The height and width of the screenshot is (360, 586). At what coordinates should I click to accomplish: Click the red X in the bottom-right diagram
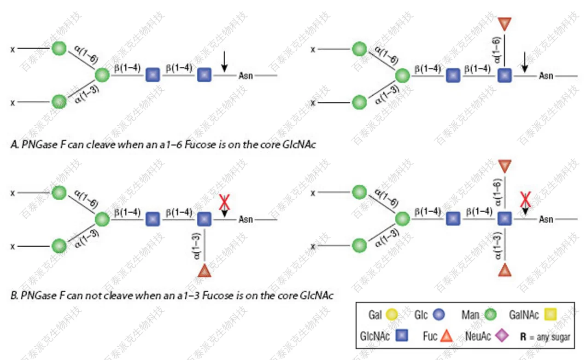pos(525,199)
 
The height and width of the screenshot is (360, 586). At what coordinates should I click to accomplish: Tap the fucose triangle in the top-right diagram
pos(505,23)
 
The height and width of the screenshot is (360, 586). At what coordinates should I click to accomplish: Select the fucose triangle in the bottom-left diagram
pos(204,271)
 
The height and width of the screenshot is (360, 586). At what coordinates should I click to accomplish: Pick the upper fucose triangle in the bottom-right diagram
pos(505,166)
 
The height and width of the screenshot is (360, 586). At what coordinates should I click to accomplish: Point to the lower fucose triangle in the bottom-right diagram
pos(505,270)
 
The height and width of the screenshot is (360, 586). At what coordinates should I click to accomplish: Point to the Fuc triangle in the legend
pos(446,337)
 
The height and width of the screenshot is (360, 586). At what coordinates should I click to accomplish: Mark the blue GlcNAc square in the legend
pos(402,336)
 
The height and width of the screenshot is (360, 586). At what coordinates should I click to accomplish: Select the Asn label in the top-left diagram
pos(246,75)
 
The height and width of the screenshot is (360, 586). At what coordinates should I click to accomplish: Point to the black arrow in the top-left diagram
pos(224,62)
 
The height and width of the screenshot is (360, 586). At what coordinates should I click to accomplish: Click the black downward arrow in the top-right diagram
pos(525,62)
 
